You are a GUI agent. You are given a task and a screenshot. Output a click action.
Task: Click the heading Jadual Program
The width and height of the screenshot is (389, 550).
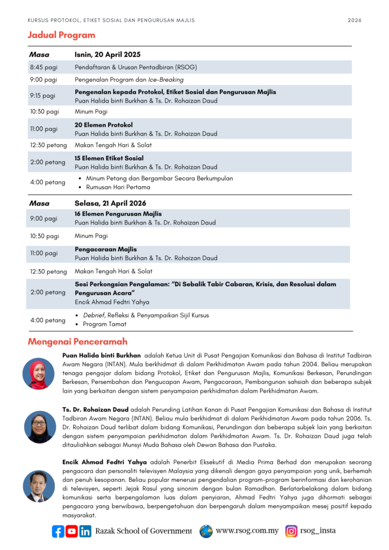61,35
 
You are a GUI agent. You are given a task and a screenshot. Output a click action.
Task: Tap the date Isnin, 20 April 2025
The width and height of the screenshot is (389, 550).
107,54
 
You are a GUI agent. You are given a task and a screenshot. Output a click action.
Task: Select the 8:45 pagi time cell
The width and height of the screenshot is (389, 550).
43,67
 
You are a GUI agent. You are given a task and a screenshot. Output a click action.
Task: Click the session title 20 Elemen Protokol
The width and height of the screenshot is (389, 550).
104,125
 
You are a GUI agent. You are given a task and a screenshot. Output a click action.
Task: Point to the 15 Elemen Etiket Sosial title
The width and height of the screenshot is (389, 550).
109,158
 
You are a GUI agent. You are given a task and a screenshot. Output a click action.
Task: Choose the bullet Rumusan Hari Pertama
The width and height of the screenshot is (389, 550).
118,187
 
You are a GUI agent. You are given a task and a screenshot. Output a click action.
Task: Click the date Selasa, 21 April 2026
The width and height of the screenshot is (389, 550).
110,203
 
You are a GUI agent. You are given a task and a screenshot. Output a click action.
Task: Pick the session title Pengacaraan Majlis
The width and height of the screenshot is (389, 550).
105,249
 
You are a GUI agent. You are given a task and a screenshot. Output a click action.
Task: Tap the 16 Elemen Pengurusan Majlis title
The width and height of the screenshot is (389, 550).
118,214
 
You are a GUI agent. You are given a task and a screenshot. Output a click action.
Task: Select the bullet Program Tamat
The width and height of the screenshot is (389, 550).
105,324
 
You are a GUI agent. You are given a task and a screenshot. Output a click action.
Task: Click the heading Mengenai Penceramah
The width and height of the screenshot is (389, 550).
77,342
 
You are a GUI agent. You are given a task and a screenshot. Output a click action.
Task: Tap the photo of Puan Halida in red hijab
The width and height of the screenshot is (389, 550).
39,373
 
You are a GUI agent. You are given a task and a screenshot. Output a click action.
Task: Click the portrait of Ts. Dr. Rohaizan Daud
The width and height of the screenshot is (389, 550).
39,427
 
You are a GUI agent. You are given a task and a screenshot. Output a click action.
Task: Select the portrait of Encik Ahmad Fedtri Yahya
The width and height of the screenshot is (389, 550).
39,486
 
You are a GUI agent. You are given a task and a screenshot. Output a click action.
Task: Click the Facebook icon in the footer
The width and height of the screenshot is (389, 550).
57,531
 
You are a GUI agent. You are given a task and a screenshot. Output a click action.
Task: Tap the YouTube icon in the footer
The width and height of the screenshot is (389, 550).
71,531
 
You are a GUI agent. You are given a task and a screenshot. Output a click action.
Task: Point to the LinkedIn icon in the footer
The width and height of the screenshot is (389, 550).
85,531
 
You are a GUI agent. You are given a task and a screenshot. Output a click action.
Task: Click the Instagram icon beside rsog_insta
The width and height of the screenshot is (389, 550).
291,531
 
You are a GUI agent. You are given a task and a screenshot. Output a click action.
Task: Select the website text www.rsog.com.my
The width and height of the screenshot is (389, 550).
247,531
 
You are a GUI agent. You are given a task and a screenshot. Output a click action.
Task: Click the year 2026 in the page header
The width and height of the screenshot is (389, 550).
355,20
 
